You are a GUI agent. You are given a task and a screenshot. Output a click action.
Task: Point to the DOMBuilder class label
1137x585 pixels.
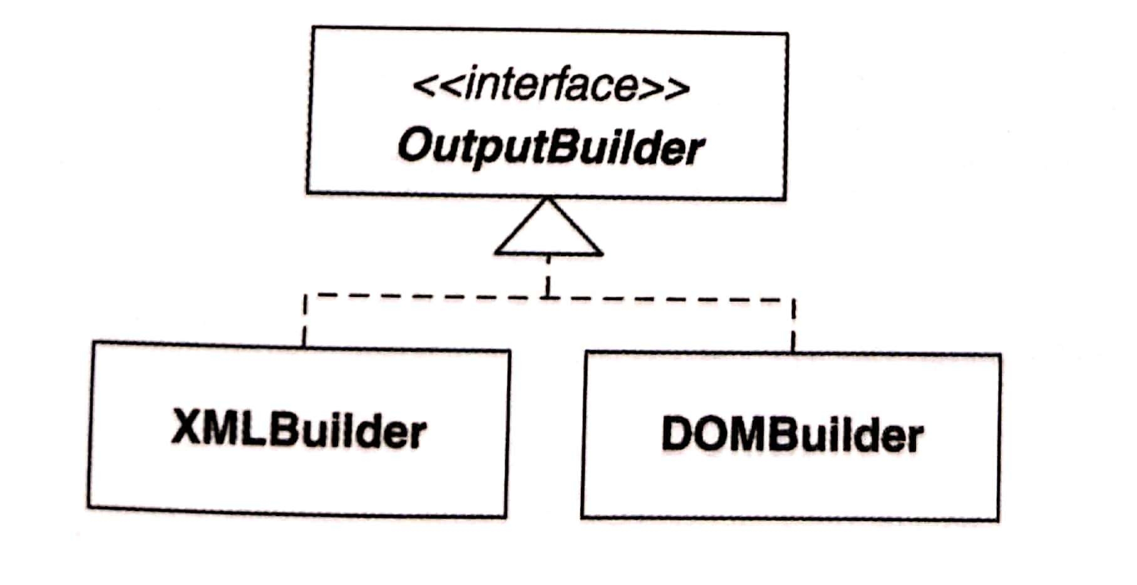pyautogui.click(x=792, y=435)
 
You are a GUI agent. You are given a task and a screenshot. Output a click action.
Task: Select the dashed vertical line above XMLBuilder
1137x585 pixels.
pyautogui.click(x=304, y=321)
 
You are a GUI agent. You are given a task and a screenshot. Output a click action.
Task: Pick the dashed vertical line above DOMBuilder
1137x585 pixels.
pyautogui.click(x=793, y=325)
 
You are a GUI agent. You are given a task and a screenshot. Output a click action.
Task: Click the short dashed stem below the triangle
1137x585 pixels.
pyautogui.click(x=548, y=276)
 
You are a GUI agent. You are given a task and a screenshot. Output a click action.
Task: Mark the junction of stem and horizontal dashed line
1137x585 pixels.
pyautogui.click(x=548, y=296)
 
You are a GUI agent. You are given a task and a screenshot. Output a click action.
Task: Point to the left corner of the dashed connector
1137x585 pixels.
pyautogui.click(x=304, y=295)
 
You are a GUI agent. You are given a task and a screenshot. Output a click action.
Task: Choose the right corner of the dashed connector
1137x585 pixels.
pyautogui.click(x=793, y=300)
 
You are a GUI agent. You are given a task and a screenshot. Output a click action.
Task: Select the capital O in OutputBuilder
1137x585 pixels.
pyautogui.click(x=415, y=145)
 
